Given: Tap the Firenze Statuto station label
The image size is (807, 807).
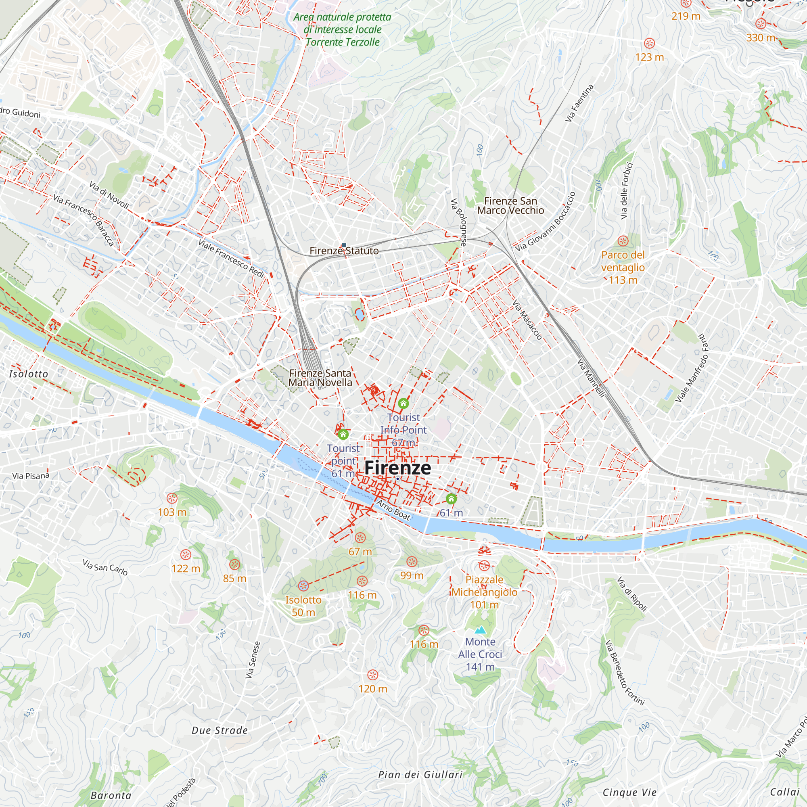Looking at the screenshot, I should tap(344, 251).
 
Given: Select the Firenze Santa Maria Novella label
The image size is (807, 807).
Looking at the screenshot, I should tap(320, 378).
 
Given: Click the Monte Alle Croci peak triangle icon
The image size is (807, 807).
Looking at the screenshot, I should tap(480, 630).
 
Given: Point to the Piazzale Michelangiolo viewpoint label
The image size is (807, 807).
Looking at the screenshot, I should tap(484, 592).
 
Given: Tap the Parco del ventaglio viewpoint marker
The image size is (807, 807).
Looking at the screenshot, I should tap(623, 241).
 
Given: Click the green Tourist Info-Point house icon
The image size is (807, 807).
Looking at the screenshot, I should tap(403, 403).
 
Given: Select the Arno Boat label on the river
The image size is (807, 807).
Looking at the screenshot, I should tap(393, 510).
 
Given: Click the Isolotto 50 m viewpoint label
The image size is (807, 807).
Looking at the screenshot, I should tap(303, 606).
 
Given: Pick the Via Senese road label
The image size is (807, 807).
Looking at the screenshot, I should tap(253, 660).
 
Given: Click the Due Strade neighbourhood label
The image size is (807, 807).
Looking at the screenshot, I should tap(220, 731).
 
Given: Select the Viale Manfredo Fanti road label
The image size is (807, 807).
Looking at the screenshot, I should tap(692, 368).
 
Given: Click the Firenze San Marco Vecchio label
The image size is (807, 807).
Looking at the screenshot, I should tap(510, 206).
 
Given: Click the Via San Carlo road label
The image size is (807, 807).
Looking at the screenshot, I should tap(105, 567).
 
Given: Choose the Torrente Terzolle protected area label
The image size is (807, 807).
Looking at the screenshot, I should tap(342, 29).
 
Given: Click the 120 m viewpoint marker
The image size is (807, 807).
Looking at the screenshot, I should tap(372, 675).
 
